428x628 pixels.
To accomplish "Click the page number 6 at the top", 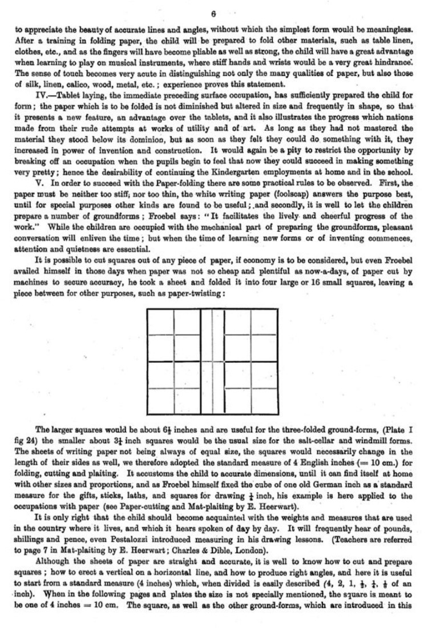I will coord(213,13).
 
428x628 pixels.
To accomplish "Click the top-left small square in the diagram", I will coord(160,321).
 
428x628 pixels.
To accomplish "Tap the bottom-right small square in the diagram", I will coord(267,400).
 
